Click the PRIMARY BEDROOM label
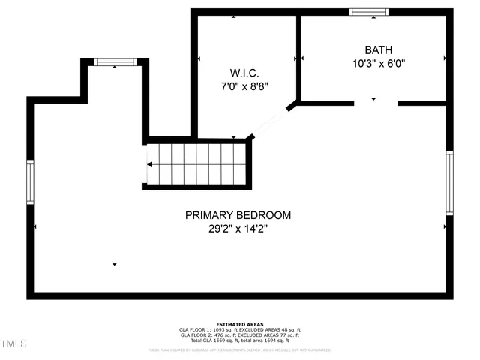[x=238, y=215]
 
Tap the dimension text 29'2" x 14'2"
[x=238, y=229]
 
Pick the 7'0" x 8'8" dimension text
[x=241, y=86]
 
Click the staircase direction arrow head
[x=150, y=164]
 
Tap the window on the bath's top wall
[x=369, y=12]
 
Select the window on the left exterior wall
[x=31, y=182]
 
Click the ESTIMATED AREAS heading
[x=240, y=323]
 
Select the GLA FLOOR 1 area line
[x=240, y=329]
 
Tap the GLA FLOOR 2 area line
[x=240, y=335]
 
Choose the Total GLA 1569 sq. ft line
[x=240, y=341]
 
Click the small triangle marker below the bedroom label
[x=115, y=264]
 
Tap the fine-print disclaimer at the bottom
[x=240, y=349]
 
